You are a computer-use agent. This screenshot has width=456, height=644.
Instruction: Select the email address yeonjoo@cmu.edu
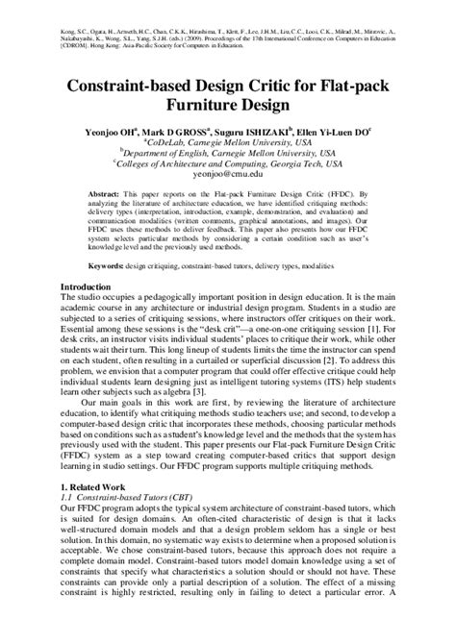[228, 176]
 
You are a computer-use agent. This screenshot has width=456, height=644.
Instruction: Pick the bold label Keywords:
[114, 262]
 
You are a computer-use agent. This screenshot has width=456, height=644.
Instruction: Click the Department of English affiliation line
[228, 151]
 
